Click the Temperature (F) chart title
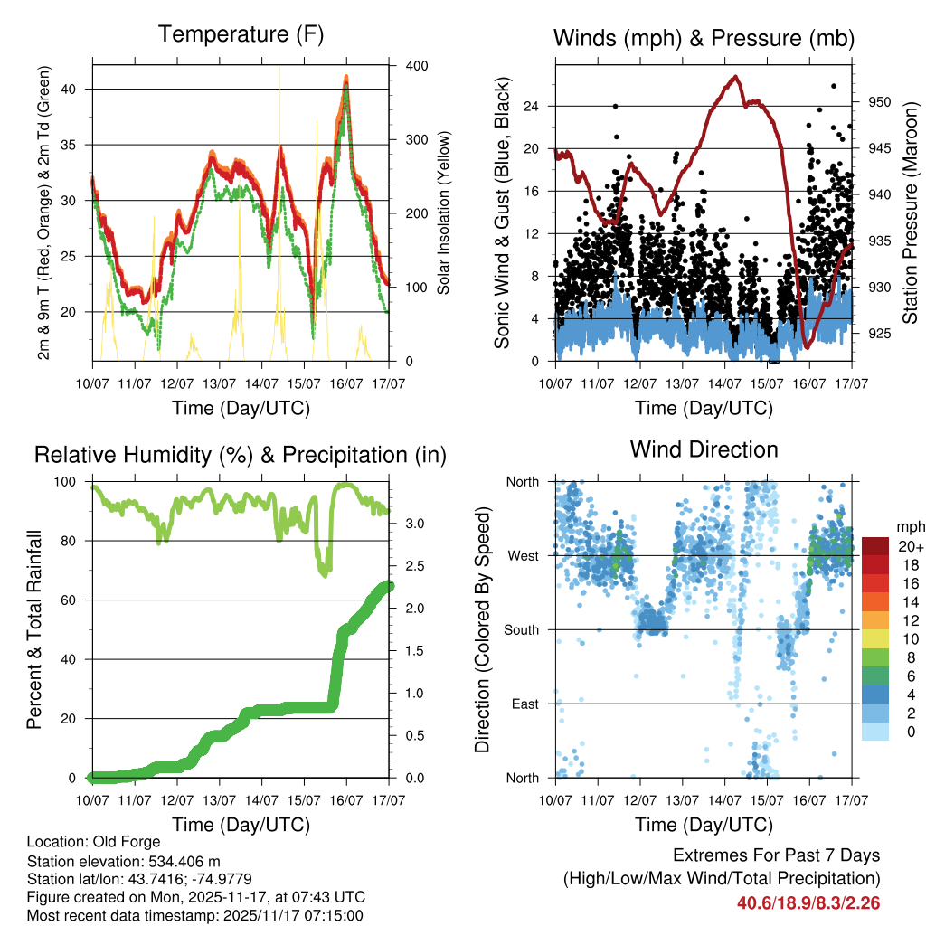tap(241, 35)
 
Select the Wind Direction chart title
tap(704, 449)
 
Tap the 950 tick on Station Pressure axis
tap(879, 102)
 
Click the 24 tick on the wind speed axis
tap(531, 106)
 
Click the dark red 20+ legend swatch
tap(875, 546)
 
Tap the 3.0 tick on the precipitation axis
tap(408, 524)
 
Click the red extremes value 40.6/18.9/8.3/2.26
tap(808, 902)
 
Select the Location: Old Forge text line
tap(94, 842)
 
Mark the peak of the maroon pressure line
tap(735, 77)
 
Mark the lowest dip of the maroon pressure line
tap(807, 347)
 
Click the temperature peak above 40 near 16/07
tap(346, 78)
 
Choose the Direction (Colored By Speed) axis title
tap(483, 629)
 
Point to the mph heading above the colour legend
tap(910, 526)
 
